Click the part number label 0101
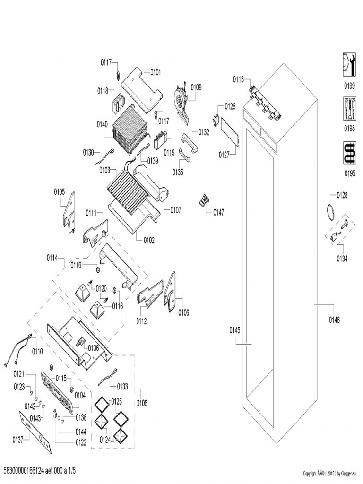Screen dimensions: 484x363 (156, 73)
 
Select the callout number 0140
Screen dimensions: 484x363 (102, 124)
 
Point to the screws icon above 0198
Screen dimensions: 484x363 (349, 108)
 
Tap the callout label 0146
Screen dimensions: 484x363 (334, 320)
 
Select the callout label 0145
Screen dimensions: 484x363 (235, 329)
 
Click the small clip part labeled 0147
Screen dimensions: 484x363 (204, 200)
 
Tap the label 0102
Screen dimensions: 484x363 (149, 240)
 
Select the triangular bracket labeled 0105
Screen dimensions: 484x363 (69, 212)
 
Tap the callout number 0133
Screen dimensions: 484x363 (122, 387)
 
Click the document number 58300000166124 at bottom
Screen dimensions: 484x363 (40, 471)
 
